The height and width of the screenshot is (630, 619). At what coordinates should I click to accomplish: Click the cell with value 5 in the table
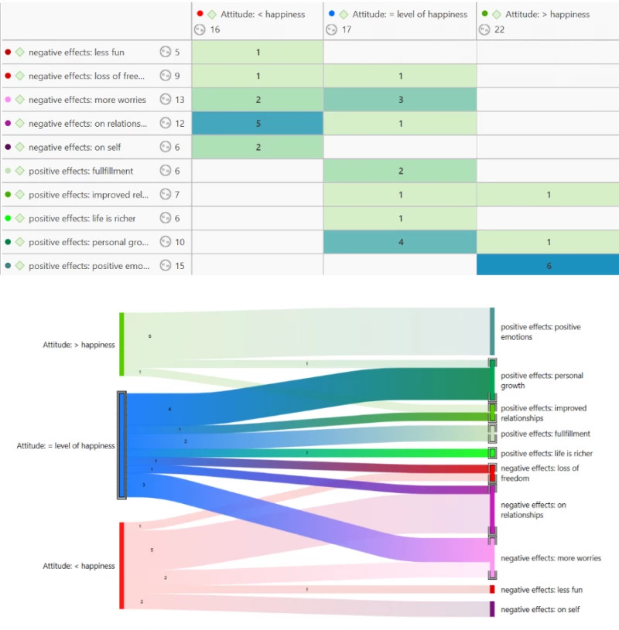click(258, 124)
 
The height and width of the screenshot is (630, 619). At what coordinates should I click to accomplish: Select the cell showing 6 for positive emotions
click(548, 265)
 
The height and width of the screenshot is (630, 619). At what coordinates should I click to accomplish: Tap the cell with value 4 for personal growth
click(400, 242)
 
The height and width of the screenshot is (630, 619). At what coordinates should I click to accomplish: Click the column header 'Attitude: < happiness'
click(262, 14)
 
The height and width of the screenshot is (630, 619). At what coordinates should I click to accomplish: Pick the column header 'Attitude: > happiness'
click(547, 14)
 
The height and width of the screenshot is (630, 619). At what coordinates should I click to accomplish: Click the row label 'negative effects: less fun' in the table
click(76, 53)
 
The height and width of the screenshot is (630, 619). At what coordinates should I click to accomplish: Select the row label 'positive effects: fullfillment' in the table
click(80, 171)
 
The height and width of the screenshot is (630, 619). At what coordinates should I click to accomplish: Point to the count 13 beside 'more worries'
click(180, 100)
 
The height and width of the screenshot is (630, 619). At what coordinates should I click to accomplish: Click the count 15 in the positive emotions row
click(180, 265)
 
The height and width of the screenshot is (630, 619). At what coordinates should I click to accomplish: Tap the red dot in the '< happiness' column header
click(200, 14)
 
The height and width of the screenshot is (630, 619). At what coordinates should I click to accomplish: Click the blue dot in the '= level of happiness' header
click(331, 14)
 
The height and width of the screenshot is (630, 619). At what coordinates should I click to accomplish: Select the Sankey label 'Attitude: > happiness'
click(78, 345)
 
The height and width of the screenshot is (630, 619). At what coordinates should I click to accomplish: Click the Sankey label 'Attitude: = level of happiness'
click(66, 445)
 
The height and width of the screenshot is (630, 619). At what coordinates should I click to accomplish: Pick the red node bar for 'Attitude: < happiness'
click(121, 565)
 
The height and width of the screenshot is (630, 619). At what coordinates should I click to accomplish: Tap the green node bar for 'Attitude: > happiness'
click(121, 344)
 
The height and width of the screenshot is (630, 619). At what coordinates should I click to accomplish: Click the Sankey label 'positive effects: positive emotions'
click(540, 332)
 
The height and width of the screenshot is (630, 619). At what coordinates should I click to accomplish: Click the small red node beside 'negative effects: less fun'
click(492, 590)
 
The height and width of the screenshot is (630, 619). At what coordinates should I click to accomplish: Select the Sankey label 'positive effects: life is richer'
click(546, 454)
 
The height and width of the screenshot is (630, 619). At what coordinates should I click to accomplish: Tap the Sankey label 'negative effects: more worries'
click(550, 558)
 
